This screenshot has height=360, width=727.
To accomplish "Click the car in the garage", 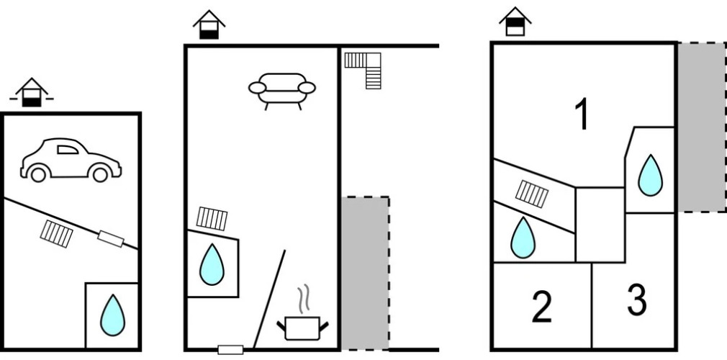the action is [71, 160].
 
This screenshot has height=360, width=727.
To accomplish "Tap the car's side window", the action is [68, 149].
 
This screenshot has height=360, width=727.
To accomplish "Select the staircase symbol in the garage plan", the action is [57, 233].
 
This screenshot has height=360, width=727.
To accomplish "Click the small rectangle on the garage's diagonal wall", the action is [111, 238].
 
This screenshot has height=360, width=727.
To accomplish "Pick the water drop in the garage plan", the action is [113, 315].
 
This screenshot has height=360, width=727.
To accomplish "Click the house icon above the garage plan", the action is [32, 92].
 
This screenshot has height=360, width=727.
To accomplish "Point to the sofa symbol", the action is [282, 91].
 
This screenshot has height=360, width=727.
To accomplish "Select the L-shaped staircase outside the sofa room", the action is [363, 70].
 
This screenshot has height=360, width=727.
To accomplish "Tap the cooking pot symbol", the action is [302, 328].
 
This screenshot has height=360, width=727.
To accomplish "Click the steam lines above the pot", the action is [303, 300].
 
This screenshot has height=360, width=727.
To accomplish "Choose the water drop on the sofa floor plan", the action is [212, 264].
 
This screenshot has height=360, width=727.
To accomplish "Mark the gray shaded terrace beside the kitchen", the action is [366, 273].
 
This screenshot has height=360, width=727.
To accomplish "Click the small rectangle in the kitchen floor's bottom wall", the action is [230, 350].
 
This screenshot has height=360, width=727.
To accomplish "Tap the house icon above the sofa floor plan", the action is [209, 24].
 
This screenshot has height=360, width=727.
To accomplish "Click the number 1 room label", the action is [582, 114].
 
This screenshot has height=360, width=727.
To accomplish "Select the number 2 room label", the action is [541, 306].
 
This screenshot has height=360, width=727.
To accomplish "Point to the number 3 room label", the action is [637, 300].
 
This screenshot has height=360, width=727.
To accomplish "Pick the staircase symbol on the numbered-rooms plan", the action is [532, 194].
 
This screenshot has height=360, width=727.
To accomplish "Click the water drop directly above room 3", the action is [650, 175].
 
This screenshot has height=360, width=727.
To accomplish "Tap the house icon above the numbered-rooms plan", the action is [515, 22].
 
